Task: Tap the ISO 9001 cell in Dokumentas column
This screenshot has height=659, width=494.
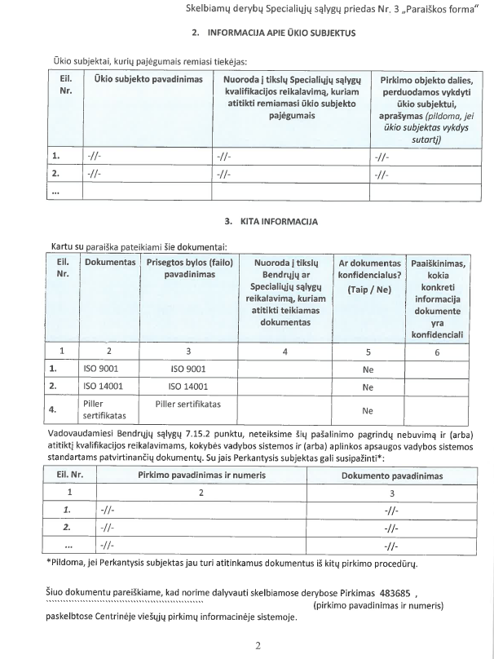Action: pos(102,369)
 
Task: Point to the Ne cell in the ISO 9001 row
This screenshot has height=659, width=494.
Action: pos(368,369)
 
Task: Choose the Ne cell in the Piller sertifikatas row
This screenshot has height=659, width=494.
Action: pos(368,410)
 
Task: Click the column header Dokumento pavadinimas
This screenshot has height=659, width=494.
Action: pos(392,475)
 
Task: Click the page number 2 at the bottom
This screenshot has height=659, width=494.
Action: pos(257,646)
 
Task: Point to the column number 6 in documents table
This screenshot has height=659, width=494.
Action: pos(437,352)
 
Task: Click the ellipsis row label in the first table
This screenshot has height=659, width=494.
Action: pos(56,192)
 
